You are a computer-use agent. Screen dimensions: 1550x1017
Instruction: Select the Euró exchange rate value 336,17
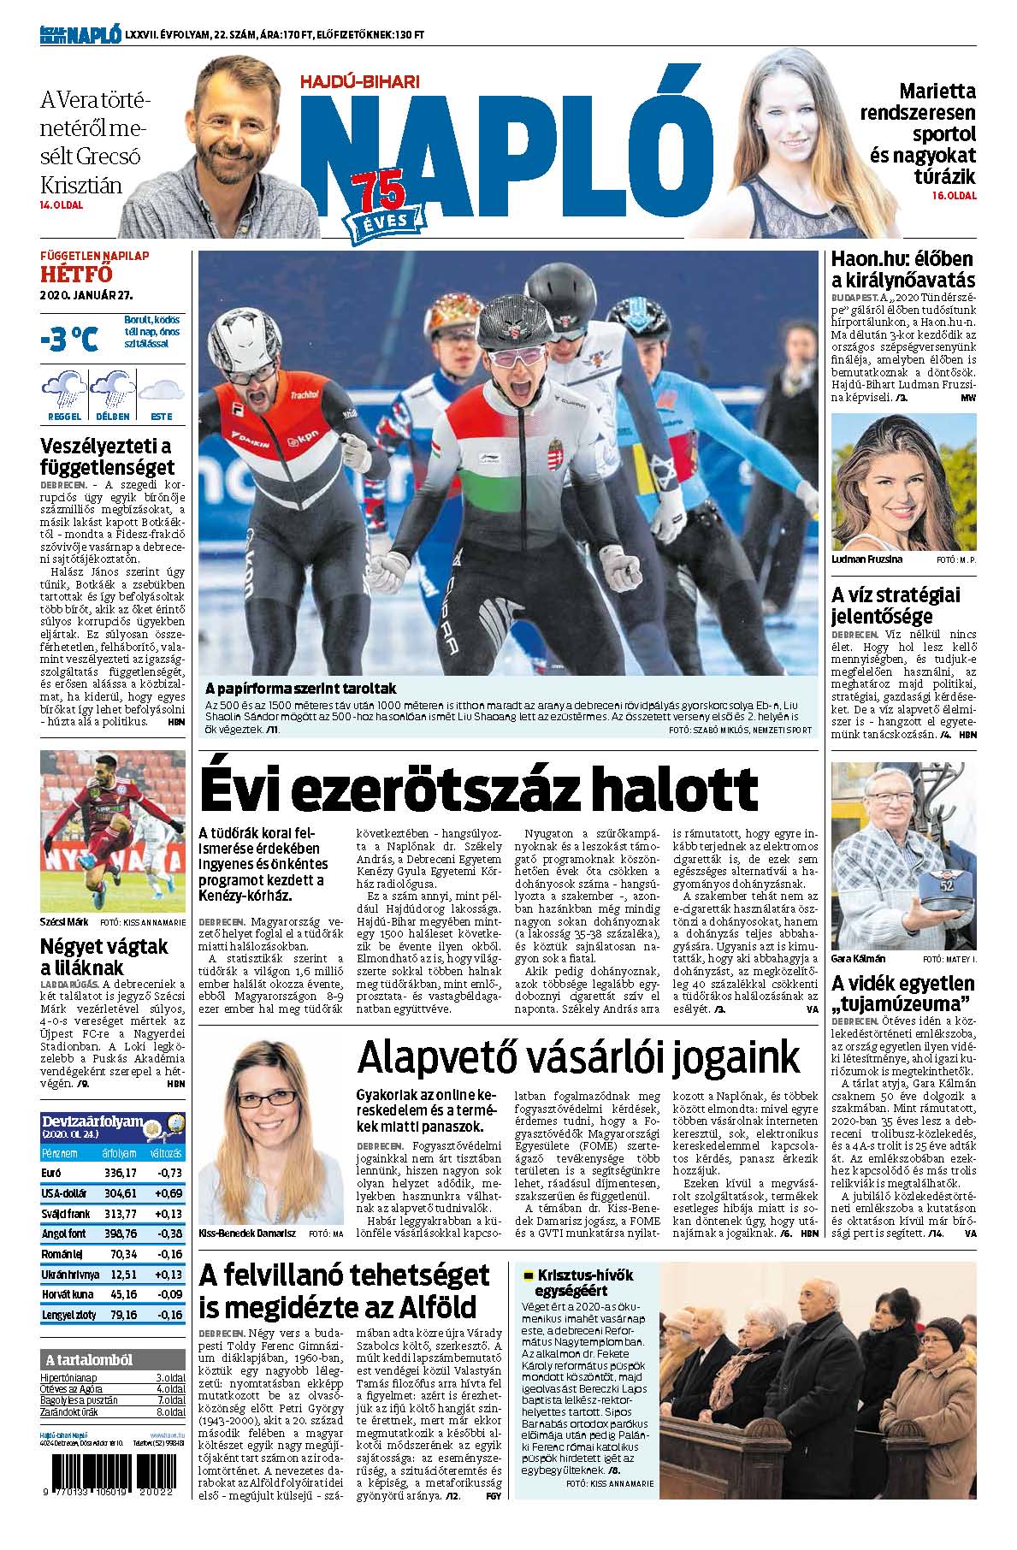[121, 1172]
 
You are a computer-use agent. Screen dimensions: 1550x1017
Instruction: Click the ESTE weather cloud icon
[161, 391]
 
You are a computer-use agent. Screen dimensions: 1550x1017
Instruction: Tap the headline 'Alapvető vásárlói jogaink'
[579, 1057]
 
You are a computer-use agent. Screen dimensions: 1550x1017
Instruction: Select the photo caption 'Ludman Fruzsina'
[866, 559]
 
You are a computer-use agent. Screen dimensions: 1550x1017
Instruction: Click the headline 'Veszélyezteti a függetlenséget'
[108, 457]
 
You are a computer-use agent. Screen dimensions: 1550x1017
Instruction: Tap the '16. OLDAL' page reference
[954, 196]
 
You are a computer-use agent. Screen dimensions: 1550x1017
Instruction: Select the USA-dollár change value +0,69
[167, 1192]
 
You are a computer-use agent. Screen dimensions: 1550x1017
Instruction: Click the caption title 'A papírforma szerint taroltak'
[300, 689]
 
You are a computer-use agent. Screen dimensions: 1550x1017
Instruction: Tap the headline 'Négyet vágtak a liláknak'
[104, 957]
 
